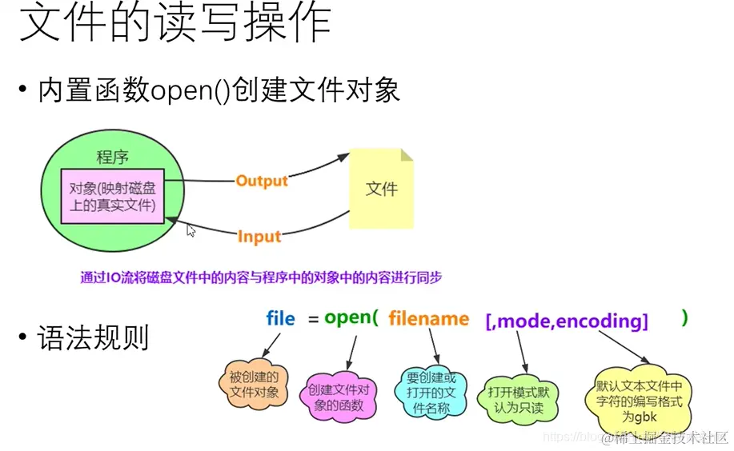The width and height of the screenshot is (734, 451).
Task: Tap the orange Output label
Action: point(261,181)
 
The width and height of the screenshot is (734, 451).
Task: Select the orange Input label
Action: point(259,236)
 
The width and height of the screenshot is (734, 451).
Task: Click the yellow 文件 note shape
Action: point(381,189)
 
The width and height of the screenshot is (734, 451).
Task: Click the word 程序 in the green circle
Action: point(112,157)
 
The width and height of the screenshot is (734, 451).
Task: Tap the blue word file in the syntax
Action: point(280,319)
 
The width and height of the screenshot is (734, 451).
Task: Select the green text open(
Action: point(351,317)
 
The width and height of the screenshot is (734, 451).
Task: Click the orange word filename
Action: point(429,319)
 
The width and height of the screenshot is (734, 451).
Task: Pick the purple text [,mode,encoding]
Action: point(567,321)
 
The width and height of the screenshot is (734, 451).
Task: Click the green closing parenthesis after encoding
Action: point(684,317)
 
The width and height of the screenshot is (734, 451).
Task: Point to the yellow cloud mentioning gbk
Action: point(639,396)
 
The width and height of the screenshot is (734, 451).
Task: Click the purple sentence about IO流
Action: point(261,277)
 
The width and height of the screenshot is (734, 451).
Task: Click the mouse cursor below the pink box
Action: point(191,230)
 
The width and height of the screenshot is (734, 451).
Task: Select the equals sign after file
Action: point(310,319)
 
